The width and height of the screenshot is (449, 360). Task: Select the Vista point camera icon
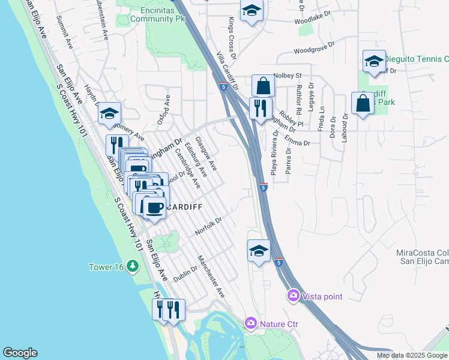point(294,295)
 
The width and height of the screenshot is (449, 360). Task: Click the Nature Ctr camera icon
point(251,323)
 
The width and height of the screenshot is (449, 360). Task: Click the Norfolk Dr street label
point(208,226)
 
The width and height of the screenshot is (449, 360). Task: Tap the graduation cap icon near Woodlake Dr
point(252,10)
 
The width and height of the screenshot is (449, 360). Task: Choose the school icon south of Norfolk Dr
point(259,250)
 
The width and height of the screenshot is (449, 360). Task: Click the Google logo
point(20,353)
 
